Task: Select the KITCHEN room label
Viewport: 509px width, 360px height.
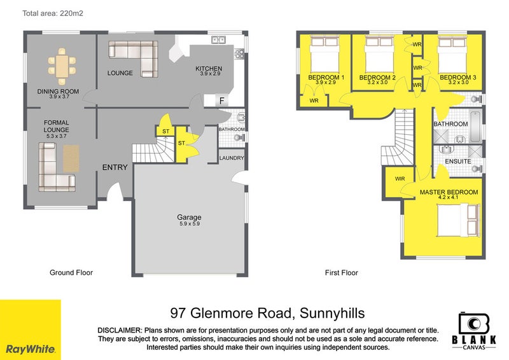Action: point(209,69)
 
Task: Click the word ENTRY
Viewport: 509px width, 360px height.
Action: point(116,168)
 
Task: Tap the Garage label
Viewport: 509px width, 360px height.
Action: point(189,217)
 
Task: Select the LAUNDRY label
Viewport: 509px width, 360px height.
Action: point(229,158)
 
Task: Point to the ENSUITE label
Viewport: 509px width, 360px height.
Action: point(457,162)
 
